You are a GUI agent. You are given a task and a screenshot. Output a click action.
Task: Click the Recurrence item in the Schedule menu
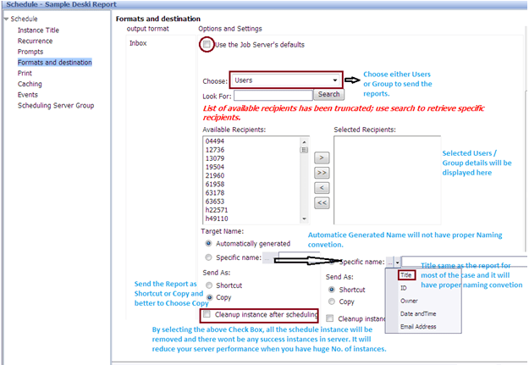(35, 41)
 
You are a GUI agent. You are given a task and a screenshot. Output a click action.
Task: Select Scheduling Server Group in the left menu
(56, 105)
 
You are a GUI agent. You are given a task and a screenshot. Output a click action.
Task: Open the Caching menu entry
(30, 84)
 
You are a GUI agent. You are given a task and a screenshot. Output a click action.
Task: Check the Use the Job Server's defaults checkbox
(207, 44)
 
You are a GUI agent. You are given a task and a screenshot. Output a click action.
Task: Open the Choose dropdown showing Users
(286, 80)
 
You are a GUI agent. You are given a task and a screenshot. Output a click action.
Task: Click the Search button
(329, 94)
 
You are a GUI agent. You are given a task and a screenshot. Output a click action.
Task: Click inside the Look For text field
(273, 95)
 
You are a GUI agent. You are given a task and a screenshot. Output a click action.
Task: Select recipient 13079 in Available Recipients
(215, 158)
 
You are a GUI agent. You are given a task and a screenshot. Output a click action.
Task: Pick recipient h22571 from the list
(217, 210)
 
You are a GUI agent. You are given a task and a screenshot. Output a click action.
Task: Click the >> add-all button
(322, 173)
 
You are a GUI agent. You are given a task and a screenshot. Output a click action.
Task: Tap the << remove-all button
(322, 203)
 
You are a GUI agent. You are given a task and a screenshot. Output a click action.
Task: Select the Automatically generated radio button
(208, 243)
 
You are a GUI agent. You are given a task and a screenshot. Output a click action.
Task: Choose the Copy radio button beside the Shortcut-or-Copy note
(210, 297)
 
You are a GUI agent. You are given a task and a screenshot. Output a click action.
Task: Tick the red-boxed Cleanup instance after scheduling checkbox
(207, 314)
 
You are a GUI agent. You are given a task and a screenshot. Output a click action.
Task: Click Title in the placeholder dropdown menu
(406, 275)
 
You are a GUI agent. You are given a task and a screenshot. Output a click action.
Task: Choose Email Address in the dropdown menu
(418, 327)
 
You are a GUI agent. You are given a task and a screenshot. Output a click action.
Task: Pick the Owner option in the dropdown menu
(409, 301)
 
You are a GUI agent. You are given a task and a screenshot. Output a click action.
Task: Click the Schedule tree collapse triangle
(6, 19)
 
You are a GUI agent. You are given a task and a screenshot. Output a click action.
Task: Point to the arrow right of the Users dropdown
(353, 80)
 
